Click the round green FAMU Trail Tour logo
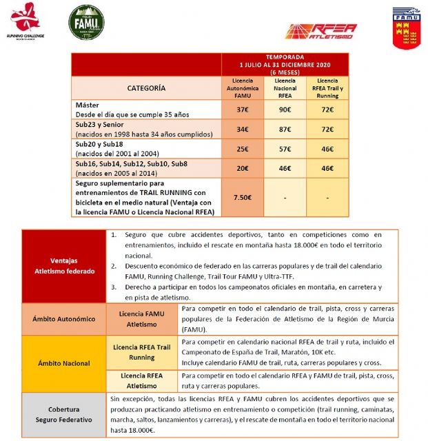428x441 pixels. pyautogui.click(x=86, y=22)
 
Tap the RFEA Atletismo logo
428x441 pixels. pyautogui.click(x=321, y=30)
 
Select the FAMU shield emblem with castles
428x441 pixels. pyautogui.click(x=407, y=28)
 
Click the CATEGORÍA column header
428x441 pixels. pyautogui.click(x=146, y=88)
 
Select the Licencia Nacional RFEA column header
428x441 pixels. pyautogui.click(x=285, y=88)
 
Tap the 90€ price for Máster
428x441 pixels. pyautogui.click(x=285, y=110)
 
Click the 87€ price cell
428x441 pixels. pyautogui.click(x=285, y=129)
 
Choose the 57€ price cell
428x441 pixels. pyautogui.click(x=285, y=149)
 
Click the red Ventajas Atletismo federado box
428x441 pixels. pyautogui.click(x=63, y=265)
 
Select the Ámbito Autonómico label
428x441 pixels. pyautogui.click(x=63, y=318)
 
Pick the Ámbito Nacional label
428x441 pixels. pyautogui.click(x=63, y=362)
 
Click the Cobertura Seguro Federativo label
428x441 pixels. pyautogui.click(x=63, y=413)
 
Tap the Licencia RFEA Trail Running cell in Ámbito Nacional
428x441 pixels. pyautogui.click(x=141, y=353)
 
